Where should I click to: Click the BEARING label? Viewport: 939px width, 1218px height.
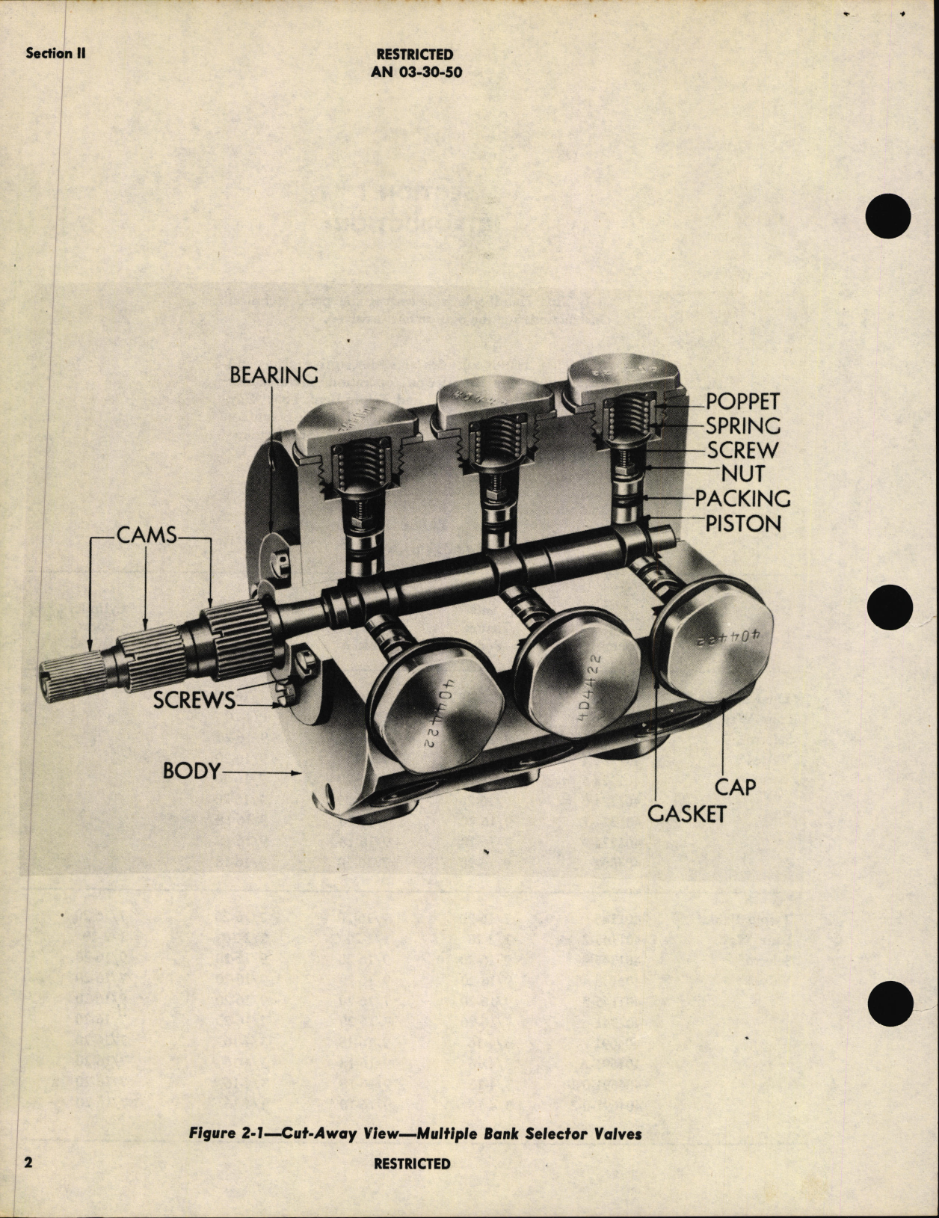point(274,375)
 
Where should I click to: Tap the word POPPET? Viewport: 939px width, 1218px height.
point(743,402)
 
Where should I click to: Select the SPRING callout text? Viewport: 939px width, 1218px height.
point(743,426)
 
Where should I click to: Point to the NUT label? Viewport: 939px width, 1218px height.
point(743,474)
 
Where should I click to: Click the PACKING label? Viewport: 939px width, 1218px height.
point(742,499)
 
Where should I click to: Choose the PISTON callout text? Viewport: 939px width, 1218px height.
point(743,523)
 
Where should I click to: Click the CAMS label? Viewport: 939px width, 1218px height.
point(147,535)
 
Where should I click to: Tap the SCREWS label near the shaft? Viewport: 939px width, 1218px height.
point(194,701)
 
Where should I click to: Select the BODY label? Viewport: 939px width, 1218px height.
point(192,771)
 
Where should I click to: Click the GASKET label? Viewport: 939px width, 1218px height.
point(686,813)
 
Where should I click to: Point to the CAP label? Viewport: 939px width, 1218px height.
point(736,787)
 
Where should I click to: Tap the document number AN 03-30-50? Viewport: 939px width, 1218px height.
point(415,73)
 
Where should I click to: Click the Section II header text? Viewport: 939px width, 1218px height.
point(55,53)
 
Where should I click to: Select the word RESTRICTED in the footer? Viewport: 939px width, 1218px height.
point(412,1163)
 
